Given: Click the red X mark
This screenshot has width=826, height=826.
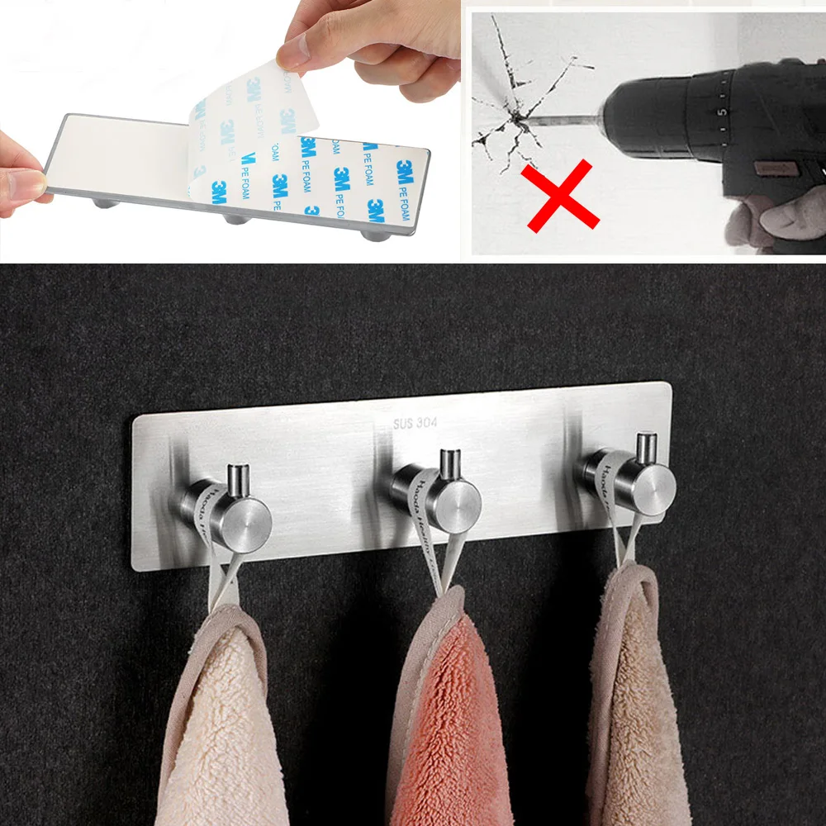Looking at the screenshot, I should click(559, 195).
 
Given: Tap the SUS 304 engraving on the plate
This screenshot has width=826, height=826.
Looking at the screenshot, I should click(415, 423).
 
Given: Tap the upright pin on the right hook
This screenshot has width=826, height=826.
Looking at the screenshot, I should click(645, 449).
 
